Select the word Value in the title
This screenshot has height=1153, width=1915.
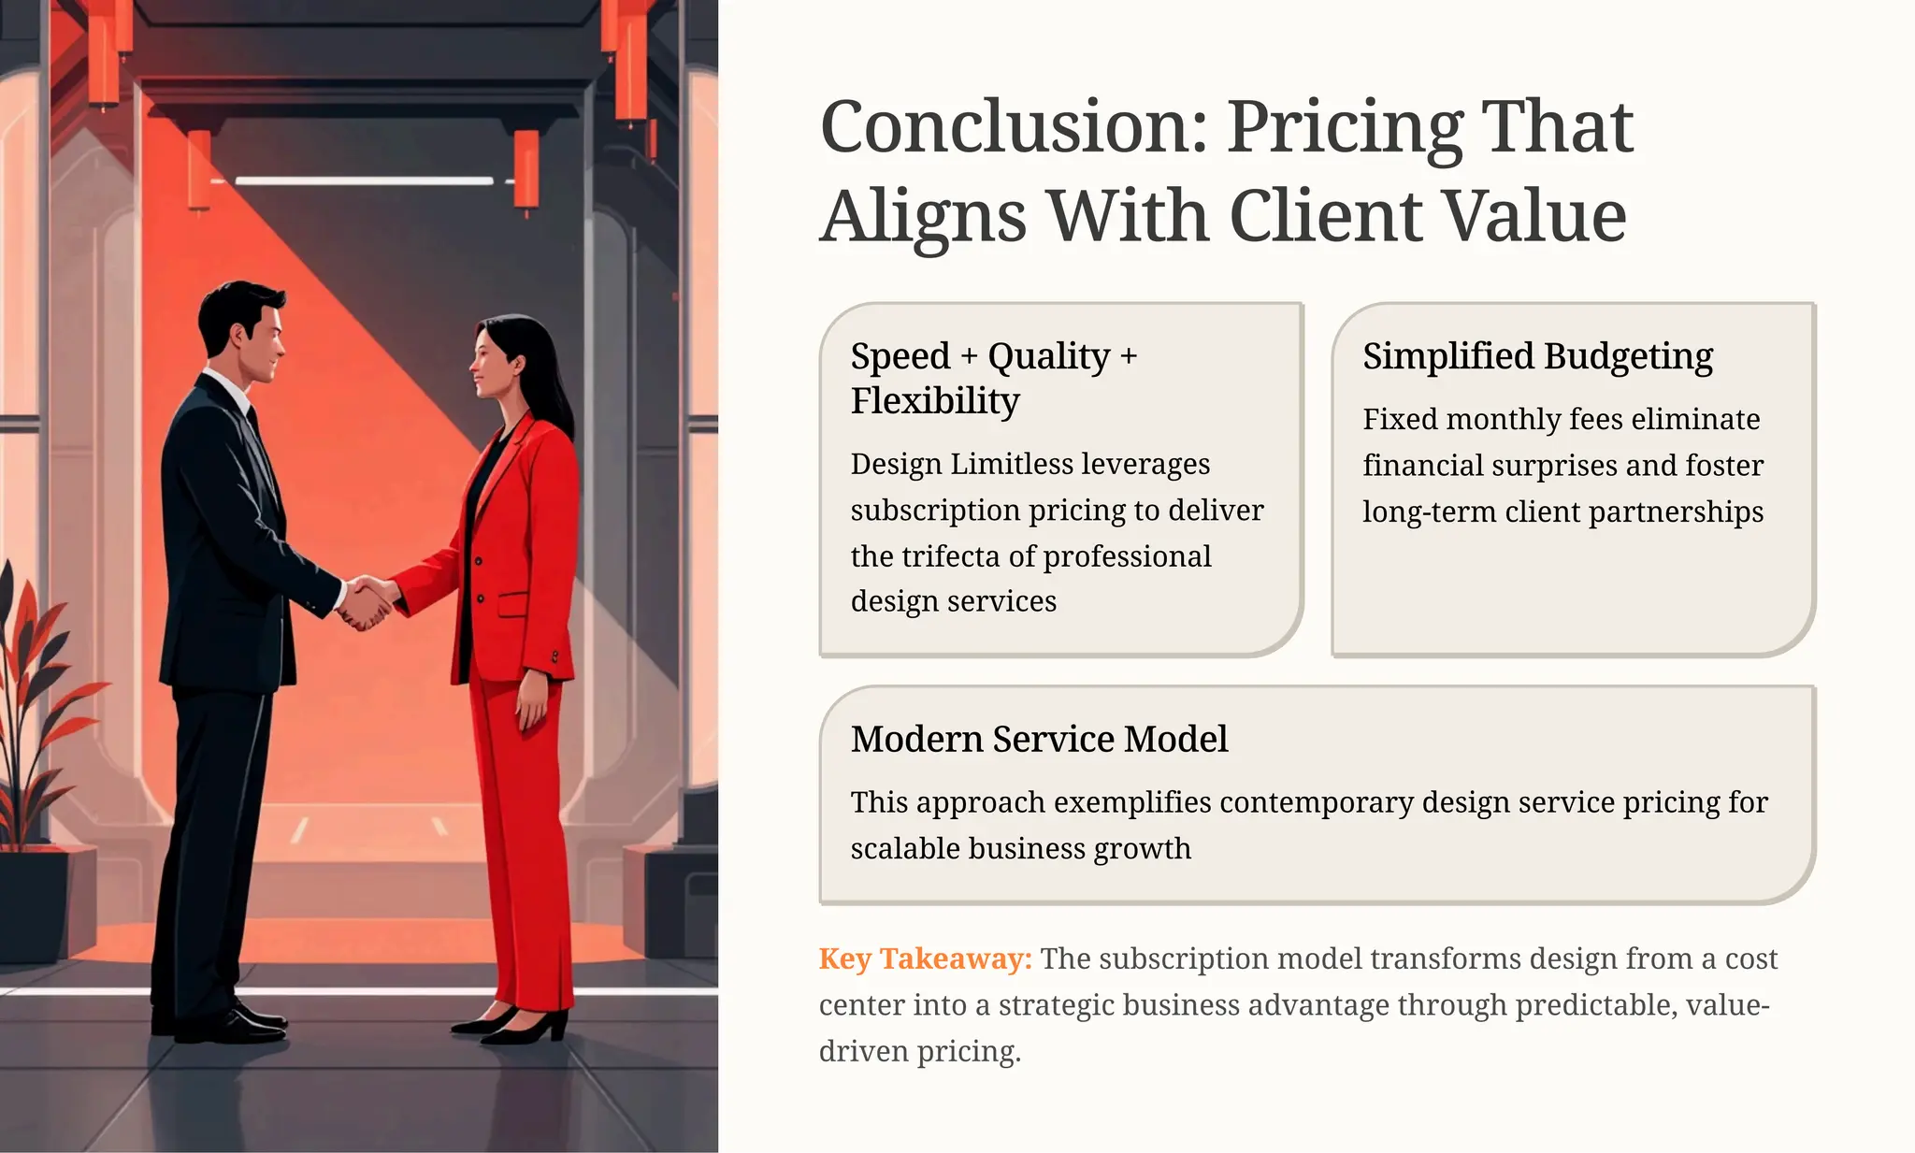[x=1533, y=217]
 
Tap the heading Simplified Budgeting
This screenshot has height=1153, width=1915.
[x=1537, y=356]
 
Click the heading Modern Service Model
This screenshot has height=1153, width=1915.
[x=1039, y=739]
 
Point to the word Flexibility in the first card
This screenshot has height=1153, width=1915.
[x=935, y=401]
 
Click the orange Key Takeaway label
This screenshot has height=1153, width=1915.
[x=925, y=958]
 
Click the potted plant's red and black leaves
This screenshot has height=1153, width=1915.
[x=37, y=692]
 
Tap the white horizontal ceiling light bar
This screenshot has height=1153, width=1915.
[x=364, y=180]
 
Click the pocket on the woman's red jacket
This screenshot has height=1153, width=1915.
[x=512, y=603]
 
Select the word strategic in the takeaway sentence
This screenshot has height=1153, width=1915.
[x=1057, y=1005]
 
